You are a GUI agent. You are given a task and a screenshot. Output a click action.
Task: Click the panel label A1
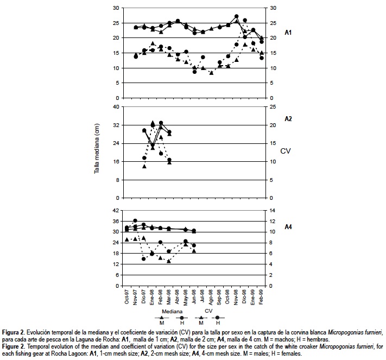pyautogui.click(x=289, y=33)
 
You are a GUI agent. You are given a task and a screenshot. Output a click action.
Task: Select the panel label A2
pyautogui.click(x=289, y=118)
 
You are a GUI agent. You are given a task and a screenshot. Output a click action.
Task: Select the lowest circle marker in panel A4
pyautogui.click(x=144, y=259)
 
